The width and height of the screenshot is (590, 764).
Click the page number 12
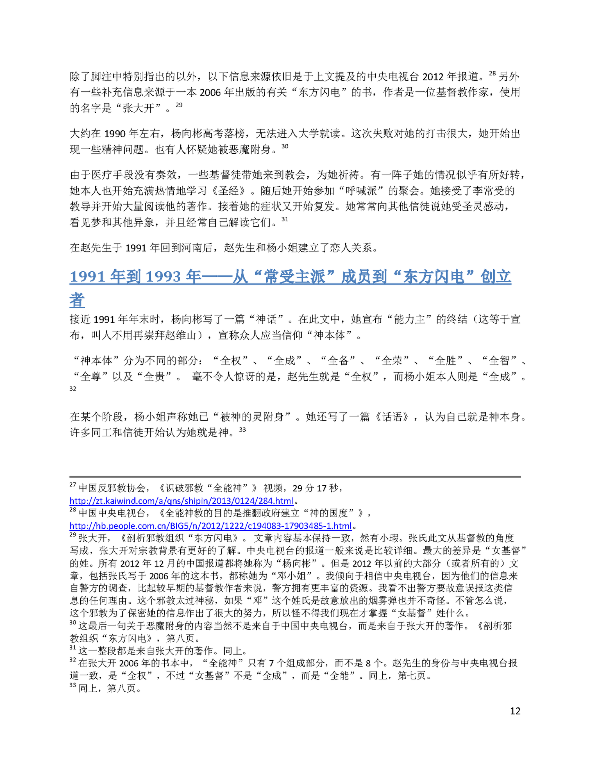[515, 711]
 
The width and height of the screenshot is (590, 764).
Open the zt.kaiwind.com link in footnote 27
[182, 500]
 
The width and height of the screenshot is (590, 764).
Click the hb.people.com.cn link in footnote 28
[210, 525]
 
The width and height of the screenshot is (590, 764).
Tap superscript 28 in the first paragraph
[492, 74]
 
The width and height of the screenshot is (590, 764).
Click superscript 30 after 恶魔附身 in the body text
[285, 146]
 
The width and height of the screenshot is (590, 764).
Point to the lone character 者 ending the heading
[77, 300]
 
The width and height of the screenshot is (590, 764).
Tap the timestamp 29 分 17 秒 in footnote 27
[315, 488]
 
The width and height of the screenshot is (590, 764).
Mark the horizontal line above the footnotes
[295, 477]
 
